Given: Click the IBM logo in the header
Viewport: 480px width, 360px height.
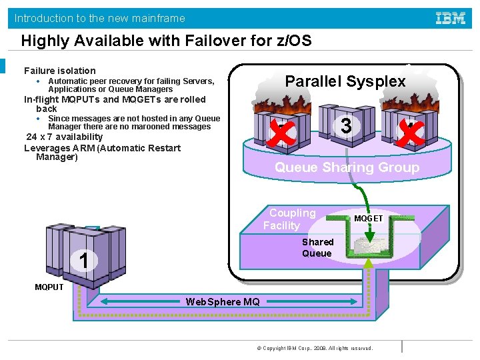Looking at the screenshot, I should point(451,18).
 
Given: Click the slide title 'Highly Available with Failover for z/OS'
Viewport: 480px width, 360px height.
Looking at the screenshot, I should point(166,41).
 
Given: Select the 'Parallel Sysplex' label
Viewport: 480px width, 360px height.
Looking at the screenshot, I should point(345,81).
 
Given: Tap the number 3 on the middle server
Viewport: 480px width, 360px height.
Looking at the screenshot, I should point(345,126).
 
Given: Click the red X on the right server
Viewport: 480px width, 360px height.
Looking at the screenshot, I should point(411,133).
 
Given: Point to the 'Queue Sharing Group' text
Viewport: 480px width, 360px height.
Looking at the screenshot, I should point(347,167).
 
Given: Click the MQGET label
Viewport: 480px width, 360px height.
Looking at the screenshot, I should point(368,219).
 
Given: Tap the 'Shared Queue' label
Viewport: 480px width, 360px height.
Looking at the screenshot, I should point(317,247).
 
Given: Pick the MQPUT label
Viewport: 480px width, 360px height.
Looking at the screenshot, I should point(49,287).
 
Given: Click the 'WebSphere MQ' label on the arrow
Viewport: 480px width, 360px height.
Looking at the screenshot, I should point(223,302).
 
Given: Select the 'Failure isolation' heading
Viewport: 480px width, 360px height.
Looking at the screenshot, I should point(60,71).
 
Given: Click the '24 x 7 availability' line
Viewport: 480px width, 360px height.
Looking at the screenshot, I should point(64,137).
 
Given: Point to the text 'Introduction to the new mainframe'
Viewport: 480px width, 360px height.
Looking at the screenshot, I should point(100,18).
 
